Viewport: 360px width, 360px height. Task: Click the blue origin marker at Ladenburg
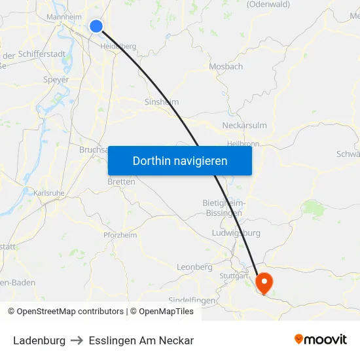point(96,26)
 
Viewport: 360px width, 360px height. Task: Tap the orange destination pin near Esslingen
point(264,282)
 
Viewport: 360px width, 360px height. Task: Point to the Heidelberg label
point(118,46)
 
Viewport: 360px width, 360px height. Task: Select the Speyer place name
point(55,80)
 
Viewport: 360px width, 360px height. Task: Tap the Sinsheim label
point(161,102)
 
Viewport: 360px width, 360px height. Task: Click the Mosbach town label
point(226,66)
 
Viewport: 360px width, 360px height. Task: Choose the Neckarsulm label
point(244,126)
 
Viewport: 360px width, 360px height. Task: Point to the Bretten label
point(121,182)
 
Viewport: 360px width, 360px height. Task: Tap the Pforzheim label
point(120,235)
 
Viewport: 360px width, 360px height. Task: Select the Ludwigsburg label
point(236,233)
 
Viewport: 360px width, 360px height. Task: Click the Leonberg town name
point(194,267)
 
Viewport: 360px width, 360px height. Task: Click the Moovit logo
point(320,340)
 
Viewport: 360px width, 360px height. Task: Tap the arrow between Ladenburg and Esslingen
point(77,340)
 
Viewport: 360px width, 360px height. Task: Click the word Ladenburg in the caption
point(39,340)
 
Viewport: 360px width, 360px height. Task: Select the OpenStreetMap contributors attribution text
point(70,312)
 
